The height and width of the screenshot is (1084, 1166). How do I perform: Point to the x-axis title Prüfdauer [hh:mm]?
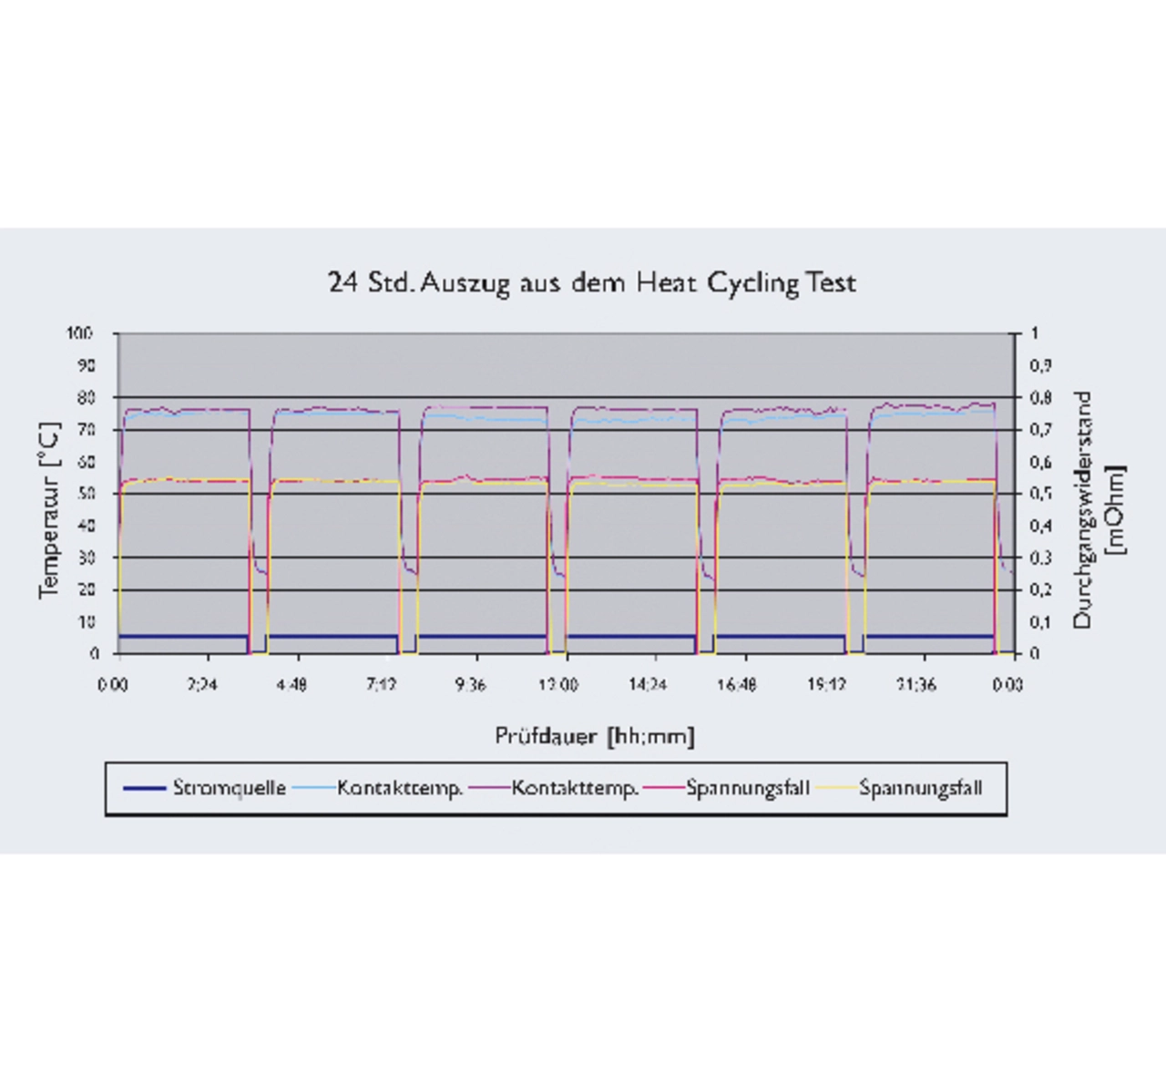[x=594, y=736]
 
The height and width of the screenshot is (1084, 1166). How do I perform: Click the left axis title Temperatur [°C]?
[x=50, y=510]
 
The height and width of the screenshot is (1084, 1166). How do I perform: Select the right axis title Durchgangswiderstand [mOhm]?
[x=1098, y=510]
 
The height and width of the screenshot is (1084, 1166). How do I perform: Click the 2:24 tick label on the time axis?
[x=201, y=685]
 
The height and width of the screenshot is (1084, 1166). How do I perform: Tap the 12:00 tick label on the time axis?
[x=557, y=685]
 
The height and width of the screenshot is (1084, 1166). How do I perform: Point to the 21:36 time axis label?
[x=915, y=685]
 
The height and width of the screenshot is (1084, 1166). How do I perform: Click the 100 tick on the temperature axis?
[x=79, y=333]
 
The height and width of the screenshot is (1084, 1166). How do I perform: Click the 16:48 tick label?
[x=736, y=685]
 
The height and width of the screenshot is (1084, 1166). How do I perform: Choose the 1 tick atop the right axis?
[x=1034, y=333]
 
